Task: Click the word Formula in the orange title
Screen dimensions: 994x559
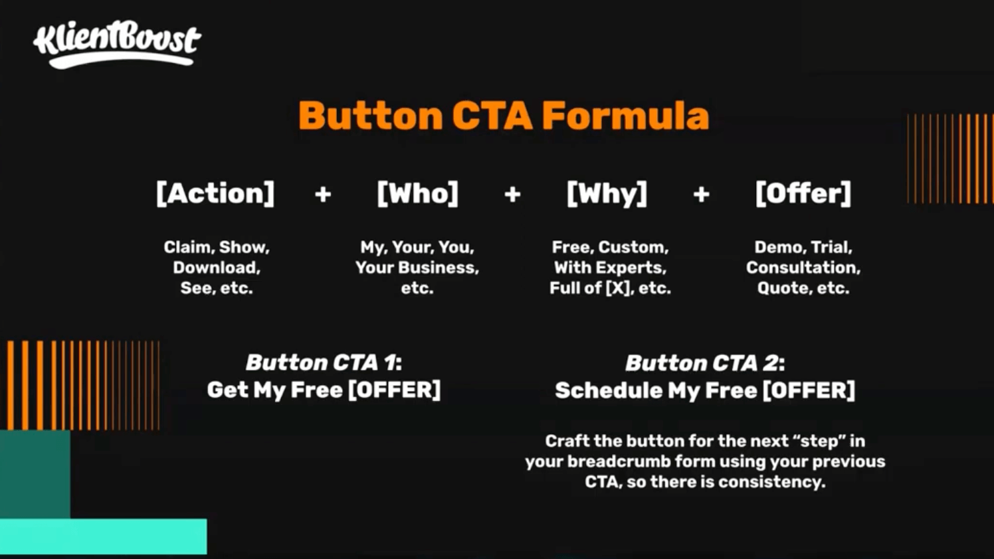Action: click(625, 116)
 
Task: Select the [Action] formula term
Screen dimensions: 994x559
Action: click(215, 193)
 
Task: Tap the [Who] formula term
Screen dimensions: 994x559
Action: click(417, 193)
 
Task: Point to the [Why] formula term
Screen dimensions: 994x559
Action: click(607, 194)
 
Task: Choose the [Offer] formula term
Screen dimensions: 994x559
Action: click(803, 193)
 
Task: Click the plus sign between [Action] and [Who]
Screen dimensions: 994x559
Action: click(323, 194)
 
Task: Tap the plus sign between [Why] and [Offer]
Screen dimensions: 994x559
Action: click(701, 194)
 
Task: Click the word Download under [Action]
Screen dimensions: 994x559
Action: click(217, 268)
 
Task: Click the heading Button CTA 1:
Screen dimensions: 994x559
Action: click(324, 362)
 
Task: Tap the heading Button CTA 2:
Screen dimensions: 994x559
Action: click(705, 363)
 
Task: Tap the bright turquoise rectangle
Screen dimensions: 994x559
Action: click(104, 536)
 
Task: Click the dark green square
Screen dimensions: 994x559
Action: click(35, 474)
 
